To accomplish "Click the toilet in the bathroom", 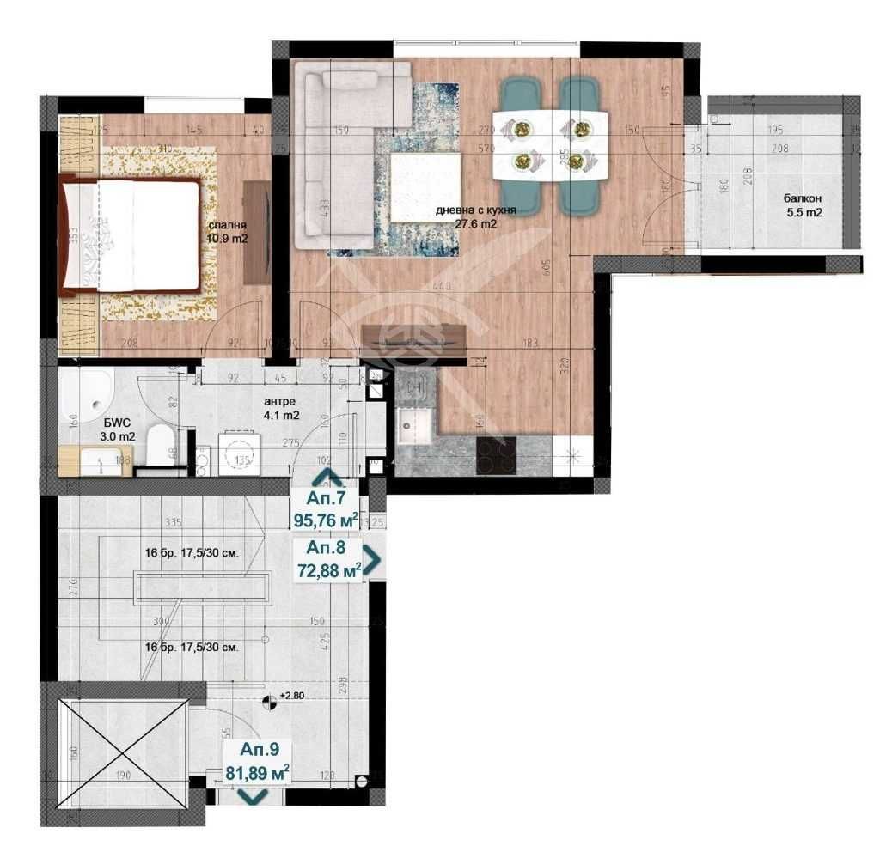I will point(161,444).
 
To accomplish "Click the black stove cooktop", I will point(496,453).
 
